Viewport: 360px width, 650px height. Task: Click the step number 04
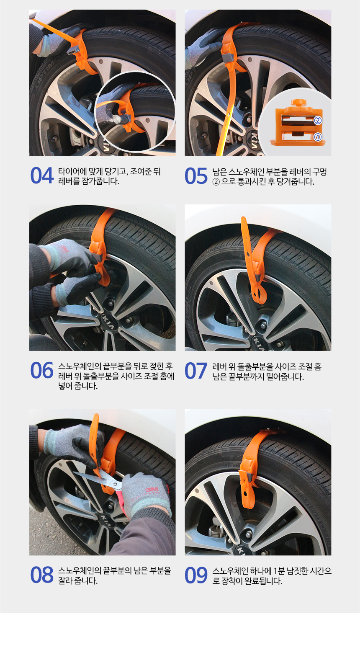(x=42, y=175)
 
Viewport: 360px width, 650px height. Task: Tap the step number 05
(x=196, y=176)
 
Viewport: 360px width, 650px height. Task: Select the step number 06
(x=42, y=371)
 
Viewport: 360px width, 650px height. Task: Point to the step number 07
(x=196, y=371)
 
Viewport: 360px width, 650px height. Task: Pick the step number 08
(x=42, y=575)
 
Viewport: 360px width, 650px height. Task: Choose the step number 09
(x=196, y=575)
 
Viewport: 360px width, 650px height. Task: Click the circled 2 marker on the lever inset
(x=318, y=121)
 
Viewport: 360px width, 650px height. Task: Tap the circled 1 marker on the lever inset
(x=318, y=137)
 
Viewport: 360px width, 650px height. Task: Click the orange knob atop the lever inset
(x=299, y=103)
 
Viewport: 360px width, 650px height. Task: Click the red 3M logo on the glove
(x=152, y=490)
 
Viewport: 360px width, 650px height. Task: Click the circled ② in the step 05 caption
(x=216, y=182)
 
